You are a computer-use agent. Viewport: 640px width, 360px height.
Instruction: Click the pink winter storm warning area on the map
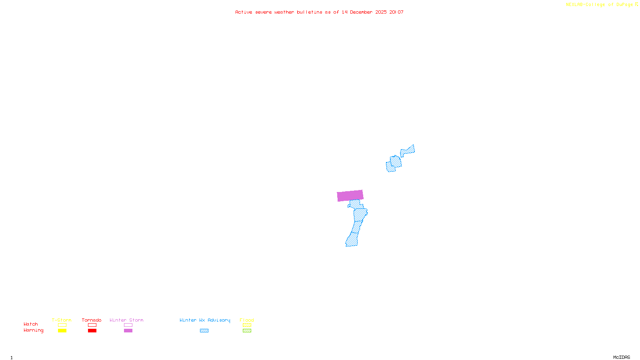350,196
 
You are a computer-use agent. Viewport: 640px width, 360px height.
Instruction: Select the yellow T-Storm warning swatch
62,331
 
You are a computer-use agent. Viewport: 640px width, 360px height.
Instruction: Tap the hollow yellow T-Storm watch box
62,325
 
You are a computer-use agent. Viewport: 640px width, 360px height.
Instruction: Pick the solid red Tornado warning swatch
92,331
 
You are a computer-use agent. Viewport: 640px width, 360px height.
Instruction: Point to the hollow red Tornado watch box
92,325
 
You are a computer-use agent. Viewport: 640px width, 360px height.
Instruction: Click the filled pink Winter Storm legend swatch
128,331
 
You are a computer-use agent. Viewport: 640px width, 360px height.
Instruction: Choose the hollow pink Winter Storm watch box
128,325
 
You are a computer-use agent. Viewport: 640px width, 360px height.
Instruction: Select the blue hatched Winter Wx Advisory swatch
204,331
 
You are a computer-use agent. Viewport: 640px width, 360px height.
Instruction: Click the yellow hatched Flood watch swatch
247,325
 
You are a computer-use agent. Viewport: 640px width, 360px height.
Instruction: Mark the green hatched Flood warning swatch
247,331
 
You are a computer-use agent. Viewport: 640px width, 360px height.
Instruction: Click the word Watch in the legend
31,324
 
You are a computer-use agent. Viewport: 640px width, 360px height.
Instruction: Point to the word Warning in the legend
33,330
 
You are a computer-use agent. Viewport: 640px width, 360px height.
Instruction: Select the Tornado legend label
92,320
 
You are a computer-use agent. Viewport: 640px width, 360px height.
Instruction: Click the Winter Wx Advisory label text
205,320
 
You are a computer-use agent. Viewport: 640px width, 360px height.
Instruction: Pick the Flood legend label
247,320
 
